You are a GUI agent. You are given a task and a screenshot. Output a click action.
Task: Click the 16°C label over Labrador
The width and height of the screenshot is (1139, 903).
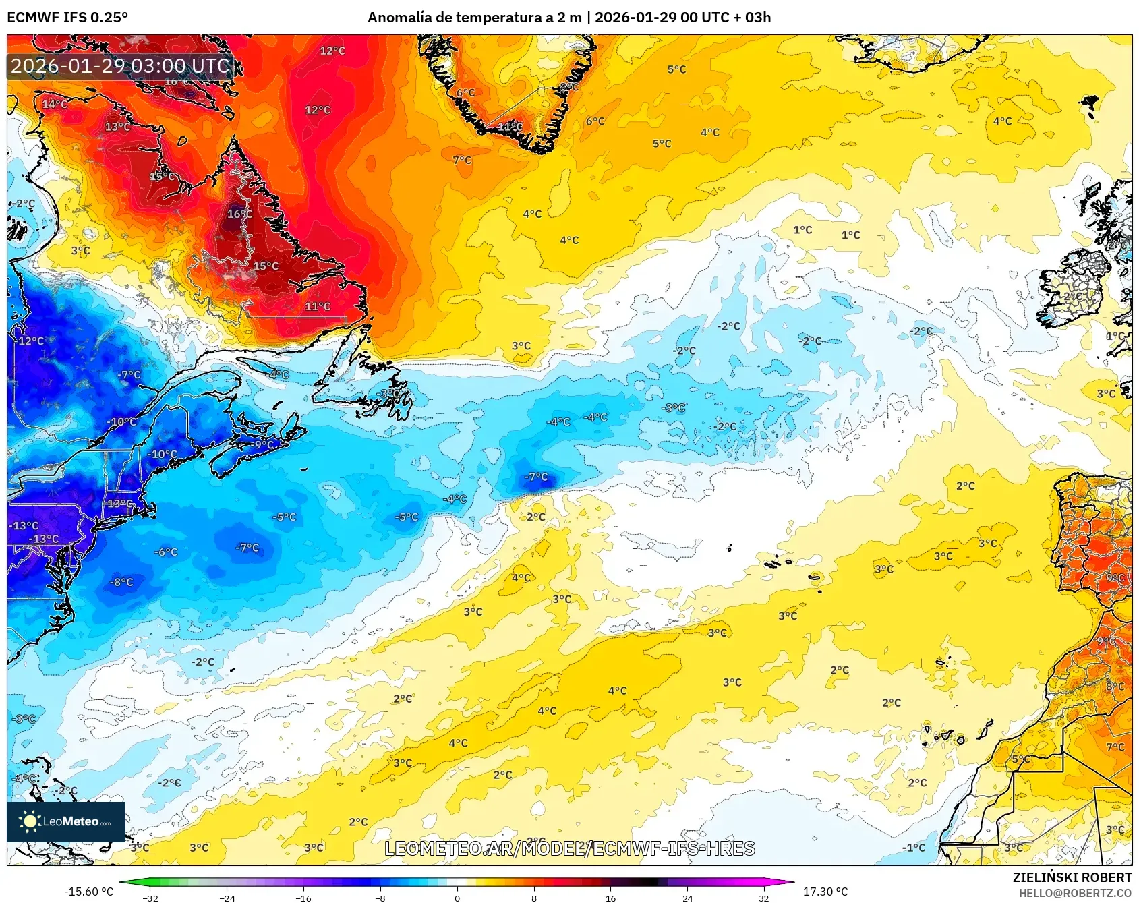[239, 214]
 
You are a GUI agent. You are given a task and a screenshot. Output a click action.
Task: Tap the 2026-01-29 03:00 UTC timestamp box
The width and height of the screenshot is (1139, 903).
[120, 66]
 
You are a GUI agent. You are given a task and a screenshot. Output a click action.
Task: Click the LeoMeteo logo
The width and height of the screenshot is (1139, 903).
[65, 821]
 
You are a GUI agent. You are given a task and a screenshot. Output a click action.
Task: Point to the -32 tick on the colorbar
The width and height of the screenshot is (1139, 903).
[150, 898]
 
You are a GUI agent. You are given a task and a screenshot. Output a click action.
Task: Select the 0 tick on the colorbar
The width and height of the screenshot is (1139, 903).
[457, 898]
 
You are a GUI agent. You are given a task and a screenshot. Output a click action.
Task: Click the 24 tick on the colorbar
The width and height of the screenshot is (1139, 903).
[687, 898]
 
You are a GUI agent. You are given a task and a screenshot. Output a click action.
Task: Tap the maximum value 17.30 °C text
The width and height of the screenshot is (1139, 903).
[825, 892]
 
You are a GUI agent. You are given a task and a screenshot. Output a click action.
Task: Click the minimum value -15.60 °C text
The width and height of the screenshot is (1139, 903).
[88, 892]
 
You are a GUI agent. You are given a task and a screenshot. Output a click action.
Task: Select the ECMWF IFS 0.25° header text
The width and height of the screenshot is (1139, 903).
[67, 18]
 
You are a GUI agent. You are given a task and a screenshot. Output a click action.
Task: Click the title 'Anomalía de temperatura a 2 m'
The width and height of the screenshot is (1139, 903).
[474, 18]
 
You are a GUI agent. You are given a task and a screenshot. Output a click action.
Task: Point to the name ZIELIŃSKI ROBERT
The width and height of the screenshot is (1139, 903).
[1072, 877]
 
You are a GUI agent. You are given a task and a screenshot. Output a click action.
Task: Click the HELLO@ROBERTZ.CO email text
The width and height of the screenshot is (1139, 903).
[1075, 893]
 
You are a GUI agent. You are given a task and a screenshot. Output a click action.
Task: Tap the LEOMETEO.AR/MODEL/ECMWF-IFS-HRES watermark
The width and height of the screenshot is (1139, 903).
[569, 848]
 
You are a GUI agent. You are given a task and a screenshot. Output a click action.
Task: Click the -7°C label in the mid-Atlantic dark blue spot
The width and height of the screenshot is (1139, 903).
[537, 477]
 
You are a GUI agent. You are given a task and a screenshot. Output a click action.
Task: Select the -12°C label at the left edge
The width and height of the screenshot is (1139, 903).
[29, 341]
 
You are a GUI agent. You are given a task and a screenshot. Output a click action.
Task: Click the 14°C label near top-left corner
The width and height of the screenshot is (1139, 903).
[55, 104]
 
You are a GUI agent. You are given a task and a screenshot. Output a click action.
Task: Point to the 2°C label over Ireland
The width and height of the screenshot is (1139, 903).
[1072, 296]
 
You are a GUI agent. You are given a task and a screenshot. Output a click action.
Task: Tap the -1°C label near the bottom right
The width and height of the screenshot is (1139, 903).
[914, 848]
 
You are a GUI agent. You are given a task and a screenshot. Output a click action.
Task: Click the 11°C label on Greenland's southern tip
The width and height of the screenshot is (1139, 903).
[510, 126]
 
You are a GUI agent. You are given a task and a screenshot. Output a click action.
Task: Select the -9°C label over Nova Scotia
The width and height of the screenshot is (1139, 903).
[263, 444]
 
